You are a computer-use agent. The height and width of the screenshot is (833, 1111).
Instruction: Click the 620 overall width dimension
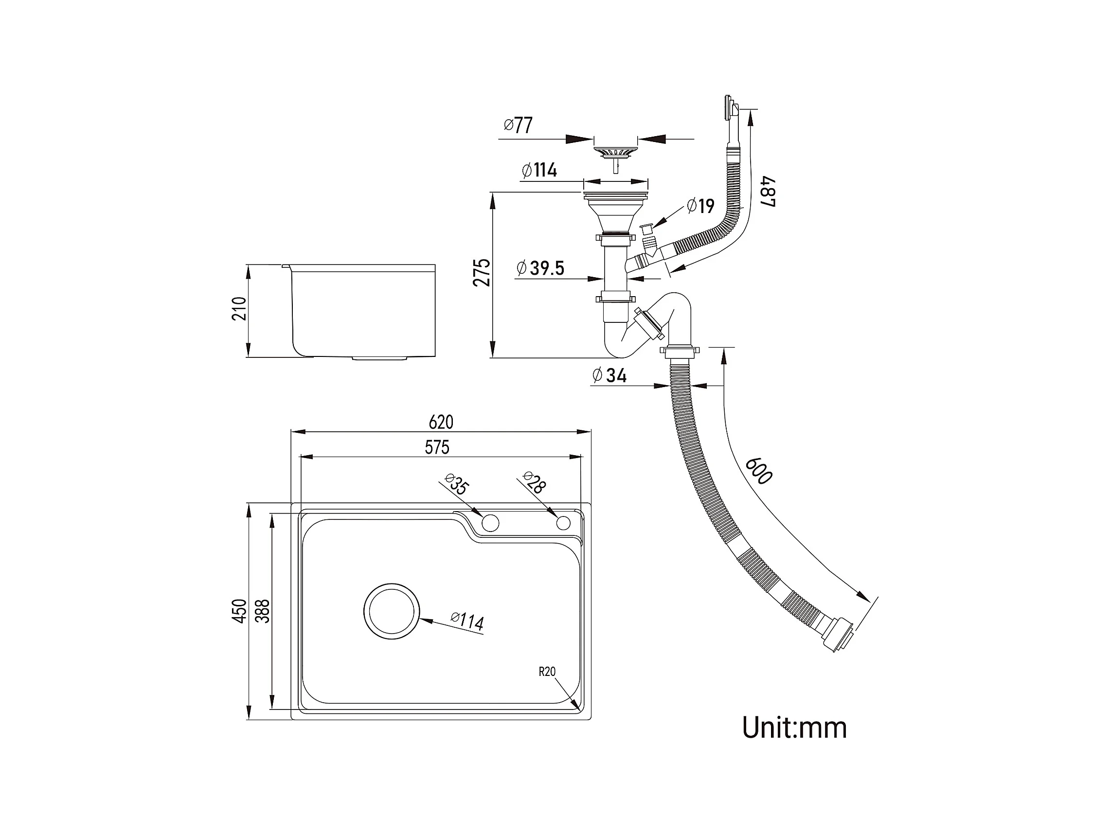(441, 422)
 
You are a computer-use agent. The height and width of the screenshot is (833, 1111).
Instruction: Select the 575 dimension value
(437, 447)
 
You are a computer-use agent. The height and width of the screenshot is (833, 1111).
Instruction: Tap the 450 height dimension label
(240, 611)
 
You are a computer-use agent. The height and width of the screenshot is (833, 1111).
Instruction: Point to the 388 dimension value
(263, 611)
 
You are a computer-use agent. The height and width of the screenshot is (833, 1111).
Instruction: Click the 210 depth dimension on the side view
(239, 309)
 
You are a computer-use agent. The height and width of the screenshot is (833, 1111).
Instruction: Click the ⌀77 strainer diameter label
(519, 125)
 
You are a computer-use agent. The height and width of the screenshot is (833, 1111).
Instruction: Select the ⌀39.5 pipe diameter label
(540, 268)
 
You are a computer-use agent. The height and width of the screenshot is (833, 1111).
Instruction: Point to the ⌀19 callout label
(700, 205)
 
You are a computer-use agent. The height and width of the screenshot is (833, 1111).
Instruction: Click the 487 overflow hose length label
(768, 191)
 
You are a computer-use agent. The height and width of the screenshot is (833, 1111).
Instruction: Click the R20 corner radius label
(547, 672)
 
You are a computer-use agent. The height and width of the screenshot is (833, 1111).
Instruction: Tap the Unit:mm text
(794, 727)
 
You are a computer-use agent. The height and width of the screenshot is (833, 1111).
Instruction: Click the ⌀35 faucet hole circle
(490, 523)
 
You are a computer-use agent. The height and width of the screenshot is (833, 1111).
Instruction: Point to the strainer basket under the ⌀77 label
(615, 152)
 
